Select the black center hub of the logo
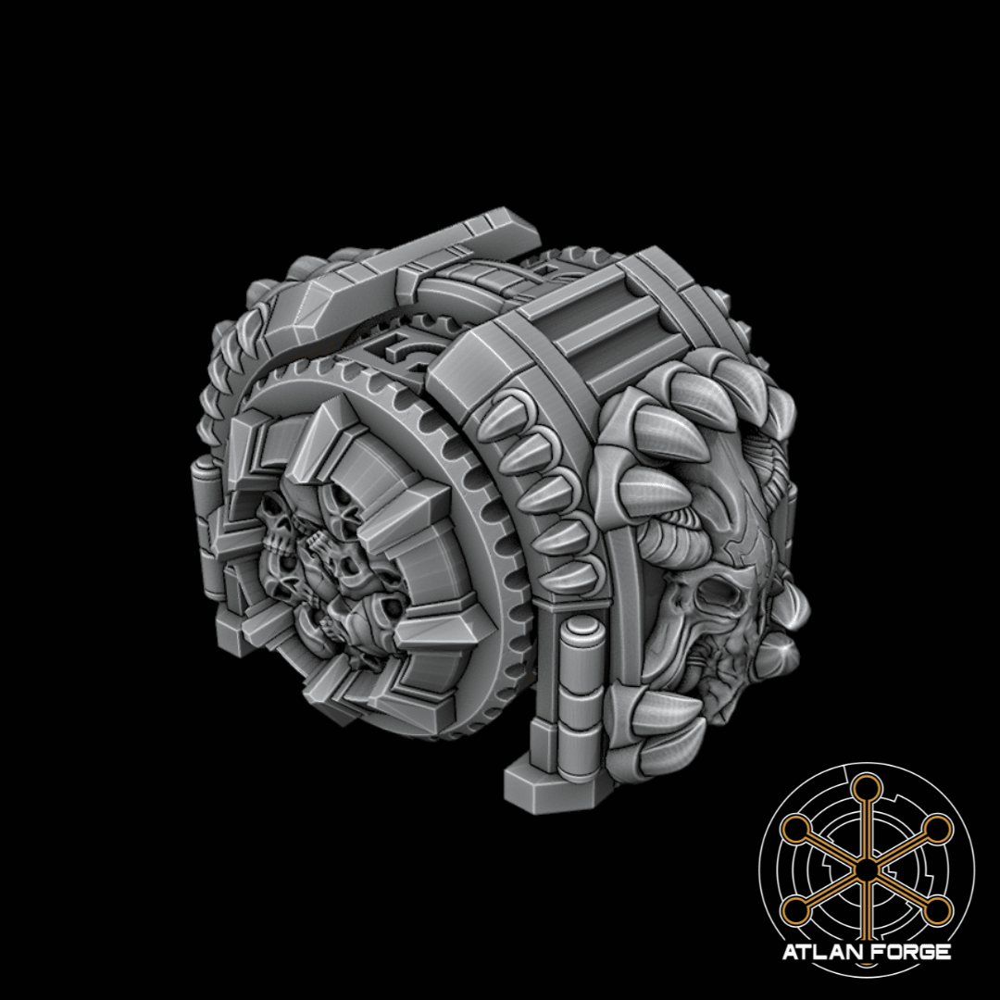[866, 869]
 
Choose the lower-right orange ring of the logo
[937, 910]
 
